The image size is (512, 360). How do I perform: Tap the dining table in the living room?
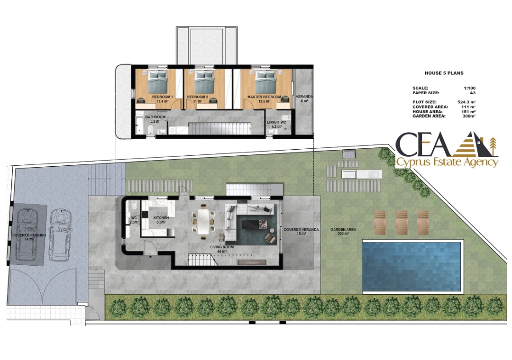pos(203,221)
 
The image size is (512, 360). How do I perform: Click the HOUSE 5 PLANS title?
pos(444,73)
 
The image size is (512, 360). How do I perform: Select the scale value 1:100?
pos(470,88)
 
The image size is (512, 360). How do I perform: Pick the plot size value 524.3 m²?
pos(466,102)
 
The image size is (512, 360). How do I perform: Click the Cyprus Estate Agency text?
pos(447,162)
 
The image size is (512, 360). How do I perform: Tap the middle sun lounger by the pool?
pos(402,222)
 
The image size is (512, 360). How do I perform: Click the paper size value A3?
pos(473,93)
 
